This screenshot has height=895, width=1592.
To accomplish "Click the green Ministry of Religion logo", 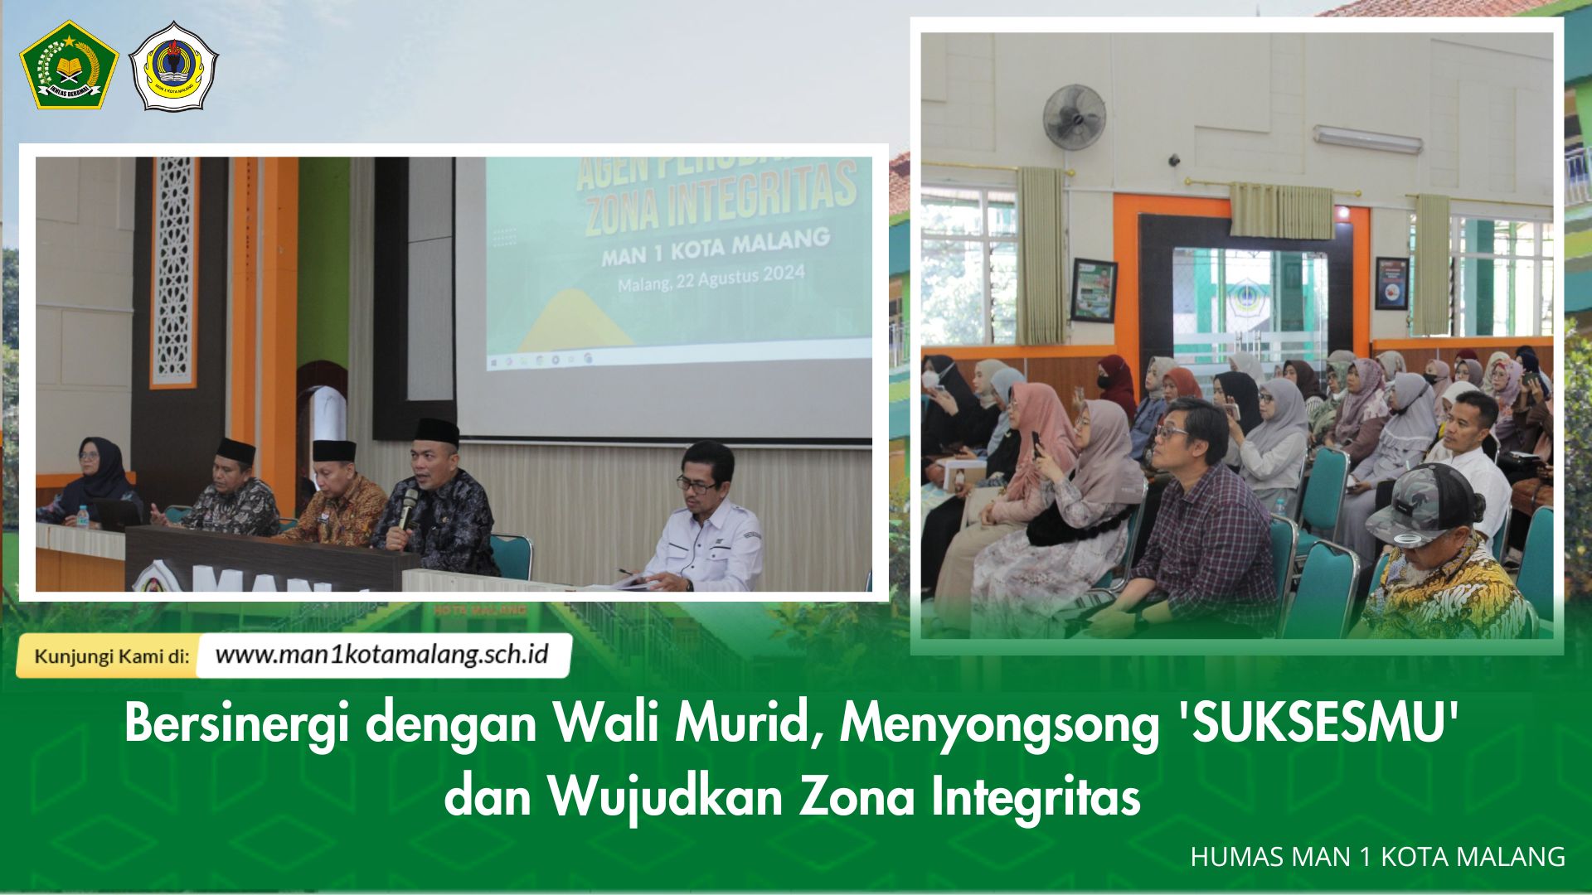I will point(69,65).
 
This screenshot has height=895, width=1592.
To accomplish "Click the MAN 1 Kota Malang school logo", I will point(174,66).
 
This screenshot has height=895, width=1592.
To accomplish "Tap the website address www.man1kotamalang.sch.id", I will point(382,655).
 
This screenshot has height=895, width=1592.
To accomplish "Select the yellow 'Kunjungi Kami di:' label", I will point(111,656).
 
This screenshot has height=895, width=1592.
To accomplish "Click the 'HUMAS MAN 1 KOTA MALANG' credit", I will point(1377,857).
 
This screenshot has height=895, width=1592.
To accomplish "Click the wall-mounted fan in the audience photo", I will point(1074,116).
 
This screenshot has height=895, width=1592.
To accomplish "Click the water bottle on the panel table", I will point(83,516).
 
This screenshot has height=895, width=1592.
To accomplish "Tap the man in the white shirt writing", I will point(705,522).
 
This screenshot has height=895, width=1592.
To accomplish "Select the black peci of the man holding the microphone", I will point(437,431).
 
